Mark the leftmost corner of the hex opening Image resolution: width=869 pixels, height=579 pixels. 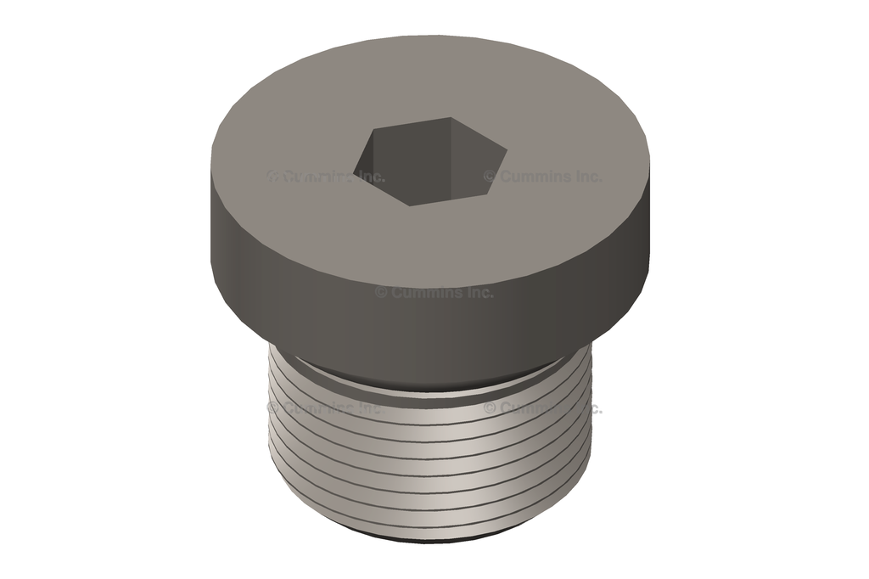point(354,166)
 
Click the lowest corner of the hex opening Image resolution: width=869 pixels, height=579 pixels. point(412,205)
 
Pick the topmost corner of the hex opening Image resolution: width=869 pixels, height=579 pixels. point(449,118)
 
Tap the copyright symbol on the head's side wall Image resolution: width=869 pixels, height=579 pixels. point(381,292)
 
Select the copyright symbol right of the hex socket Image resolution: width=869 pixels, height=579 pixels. point(490,177)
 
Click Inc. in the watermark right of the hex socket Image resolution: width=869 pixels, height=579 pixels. point(587,177)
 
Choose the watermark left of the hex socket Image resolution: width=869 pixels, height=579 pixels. point(326,177)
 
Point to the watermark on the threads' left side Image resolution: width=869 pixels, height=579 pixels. point(326,408)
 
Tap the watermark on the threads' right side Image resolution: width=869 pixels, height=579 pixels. point(543,408)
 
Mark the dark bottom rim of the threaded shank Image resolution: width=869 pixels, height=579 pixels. point(433,537)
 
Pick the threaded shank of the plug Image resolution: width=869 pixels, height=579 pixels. point(433,458)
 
